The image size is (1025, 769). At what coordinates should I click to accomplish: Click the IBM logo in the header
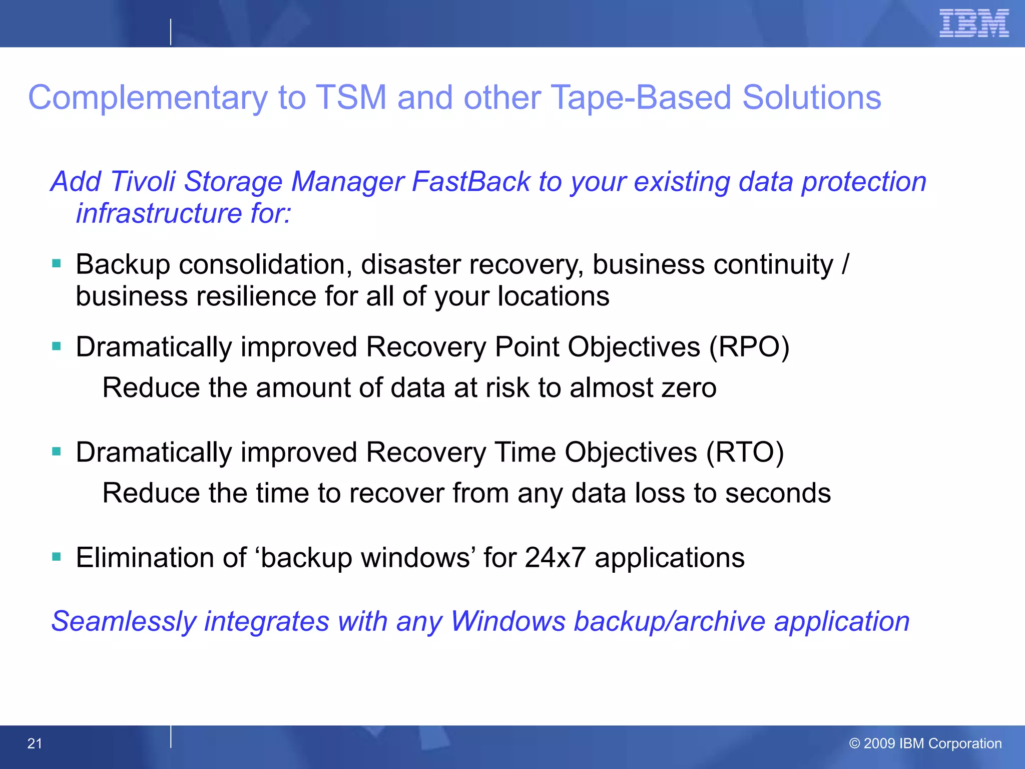(973, 23)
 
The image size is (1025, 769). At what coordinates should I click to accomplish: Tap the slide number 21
(35, 743)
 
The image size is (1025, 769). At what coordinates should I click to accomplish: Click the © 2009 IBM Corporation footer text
(925, 743)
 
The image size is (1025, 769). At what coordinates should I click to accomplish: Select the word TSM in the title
(351, 97)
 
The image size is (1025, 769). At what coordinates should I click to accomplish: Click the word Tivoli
(142, 181)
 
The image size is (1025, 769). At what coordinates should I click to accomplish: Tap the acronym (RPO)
(749, 347)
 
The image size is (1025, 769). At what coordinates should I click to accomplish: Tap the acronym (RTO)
(745, 453)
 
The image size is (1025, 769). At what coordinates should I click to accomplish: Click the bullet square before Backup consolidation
(57, 263)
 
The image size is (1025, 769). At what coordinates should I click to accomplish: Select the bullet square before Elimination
(57, 557)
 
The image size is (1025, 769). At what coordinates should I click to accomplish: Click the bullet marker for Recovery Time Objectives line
(57, 452)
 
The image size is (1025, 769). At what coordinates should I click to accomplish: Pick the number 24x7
(555, 558)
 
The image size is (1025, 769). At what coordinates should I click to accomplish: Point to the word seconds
(778, 493)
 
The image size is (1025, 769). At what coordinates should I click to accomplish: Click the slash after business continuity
(845, 264)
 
